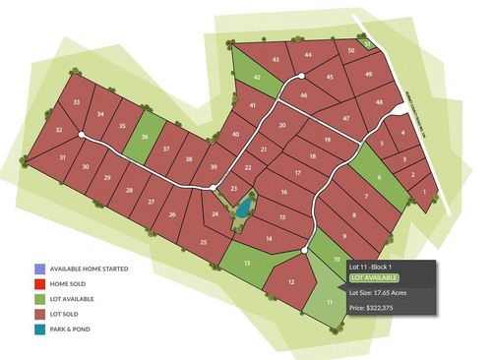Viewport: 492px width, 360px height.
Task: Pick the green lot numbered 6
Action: click(380, 177)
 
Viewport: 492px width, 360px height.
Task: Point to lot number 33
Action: click(77, 102)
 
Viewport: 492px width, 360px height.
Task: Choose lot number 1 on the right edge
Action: click(424, 191)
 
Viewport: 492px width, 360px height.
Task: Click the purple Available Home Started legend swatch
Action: click(37, 269)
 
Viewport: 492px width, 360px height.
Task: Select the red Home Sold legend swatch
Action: click(37, 283)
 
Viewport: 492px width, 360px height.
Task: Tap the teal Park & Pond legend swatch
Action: click(37, 328)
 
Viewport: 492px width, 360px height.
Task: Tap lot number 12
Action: click(293, 281)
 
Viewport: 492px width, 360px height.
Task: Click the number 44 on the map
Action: click(308, 55)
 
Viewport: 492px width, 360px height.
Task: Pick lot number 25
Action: click(204, 241)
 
